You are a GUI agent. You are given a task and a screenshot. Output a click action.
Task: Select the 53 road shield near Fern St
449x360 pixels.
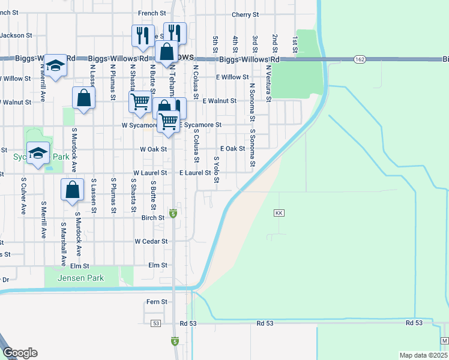pos(156,323)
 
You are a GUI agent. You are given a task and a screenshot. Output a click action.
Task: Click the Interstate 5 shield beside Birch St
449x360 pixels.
pos(173,214)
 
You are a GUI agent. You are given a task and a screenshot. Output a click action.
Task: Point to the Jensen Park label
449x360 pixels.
pos(81,278)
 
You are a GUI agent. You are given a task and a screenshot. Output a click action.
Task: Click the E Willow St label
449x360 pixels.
pos(232,77)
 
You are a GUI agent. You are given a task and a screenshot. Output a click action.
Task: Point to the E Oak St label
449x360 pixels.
pos(233,148)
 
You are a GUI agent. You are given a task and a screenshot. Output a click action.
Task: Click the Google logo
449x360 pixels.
pos(20,353)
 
